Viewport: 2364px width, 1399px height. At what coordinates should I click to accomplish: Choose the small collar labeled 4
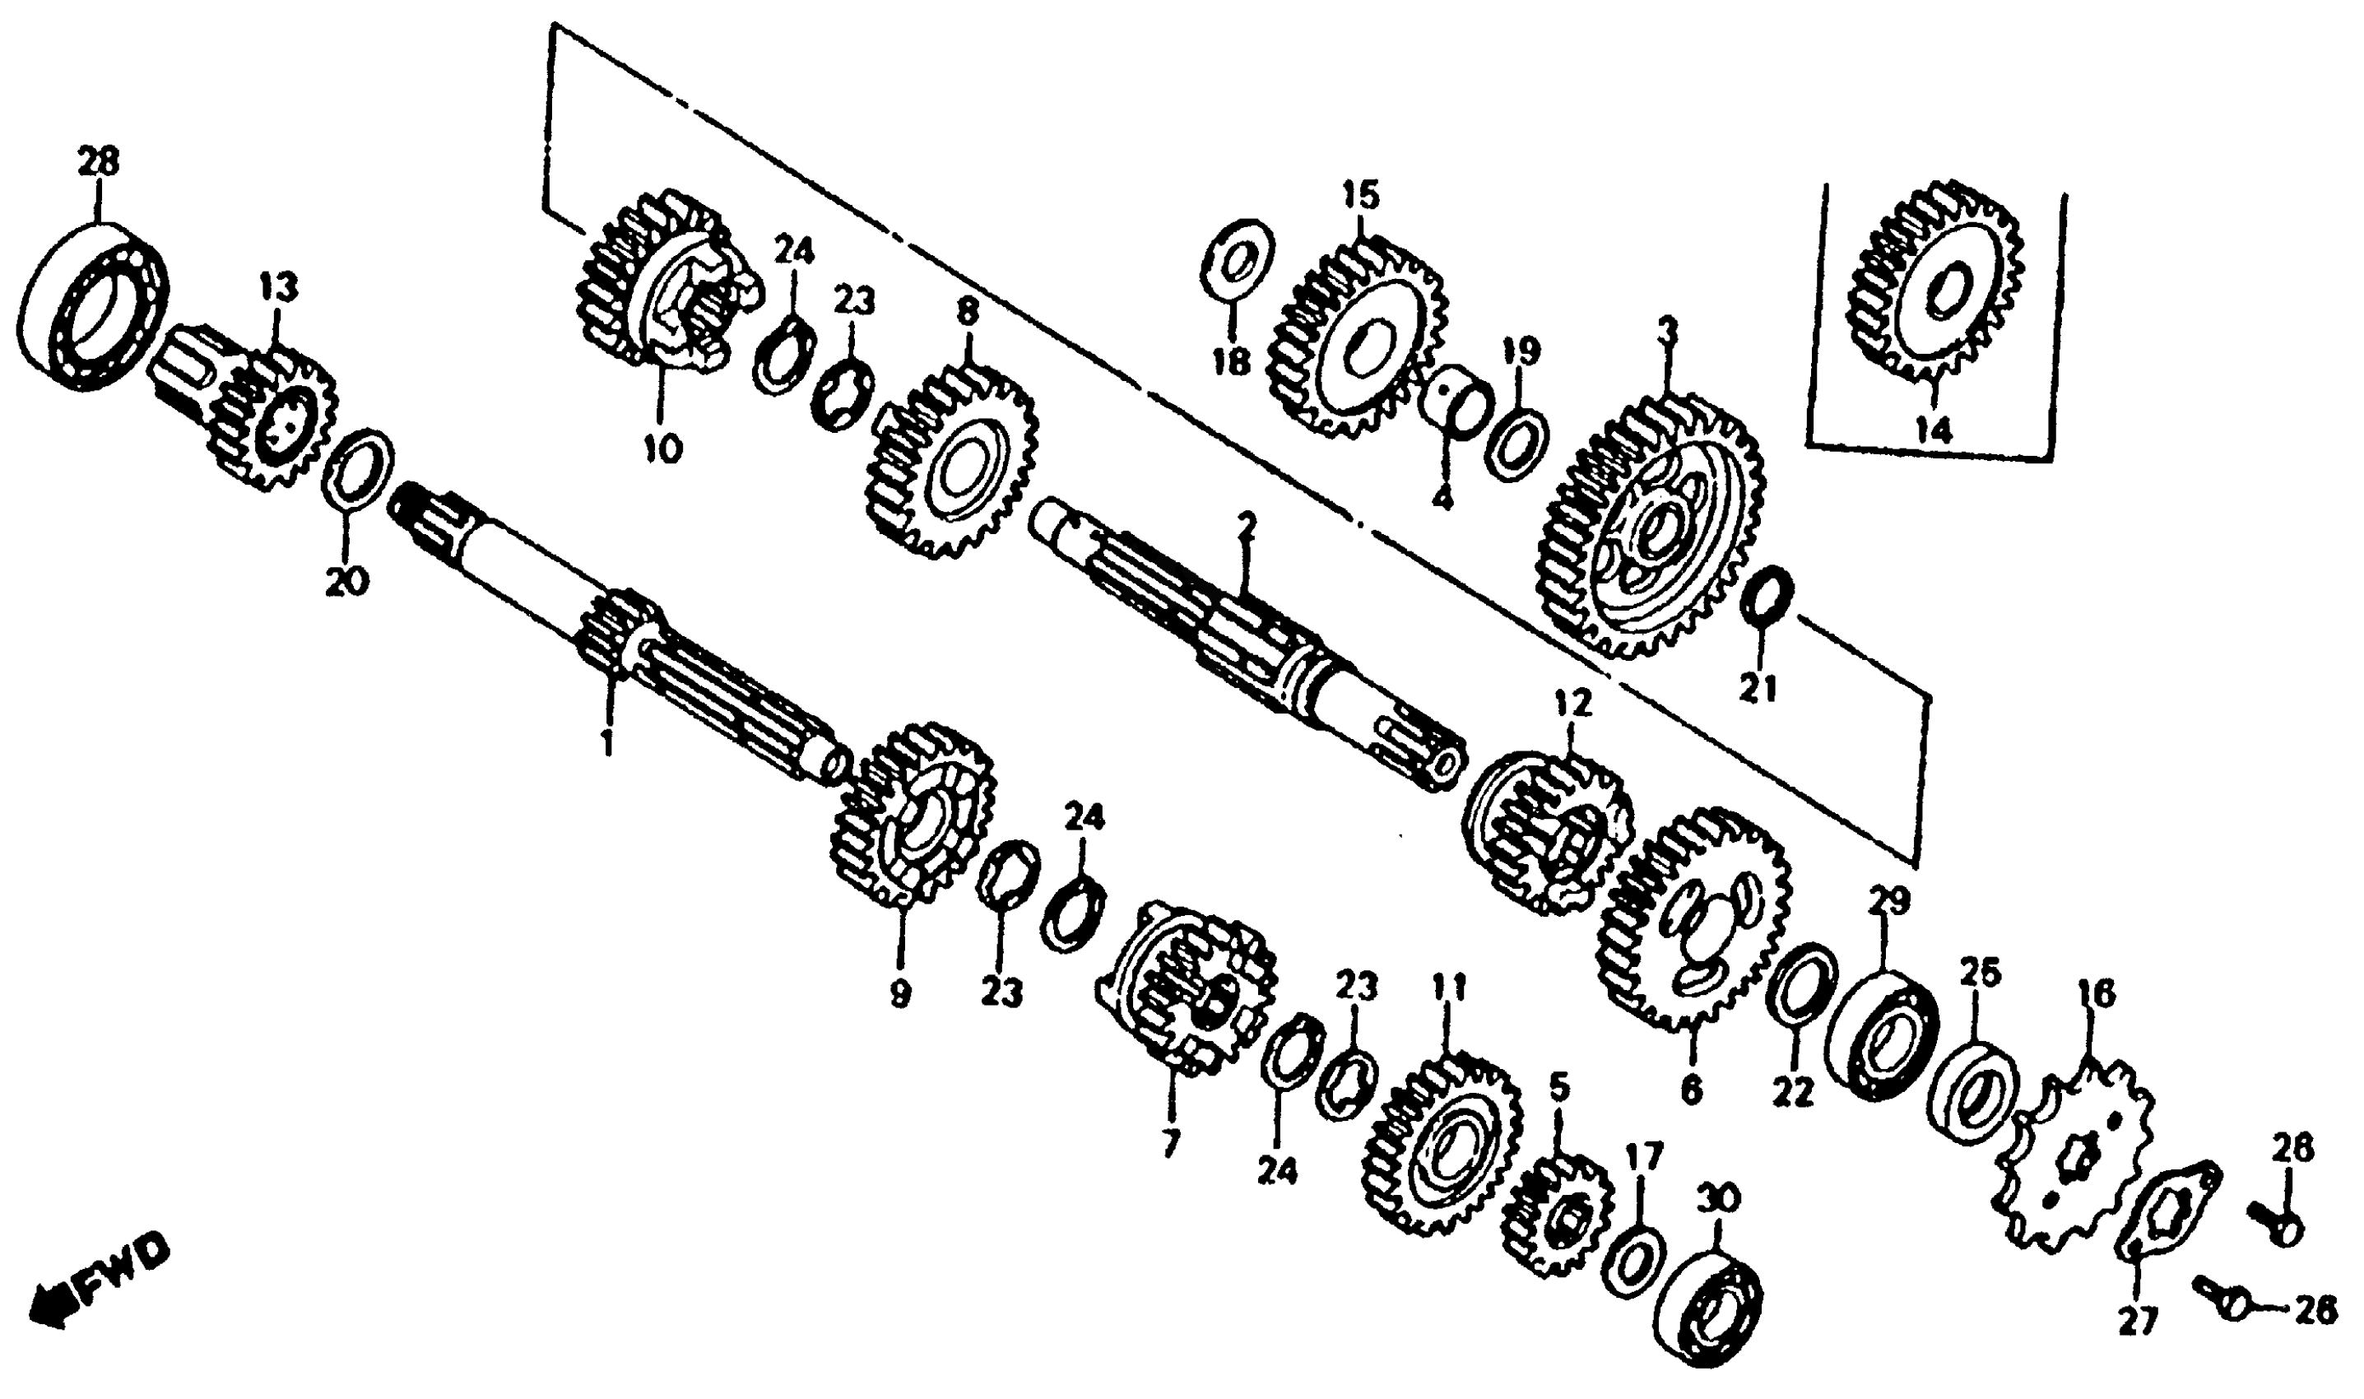click(x=1457, y=402)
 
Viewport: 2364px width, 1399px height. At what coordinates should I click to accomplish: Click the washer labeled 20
click(x=357, y=468)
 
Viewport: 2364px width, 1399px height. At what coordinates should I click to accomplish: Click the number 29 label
click(x=1889, y=901)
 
